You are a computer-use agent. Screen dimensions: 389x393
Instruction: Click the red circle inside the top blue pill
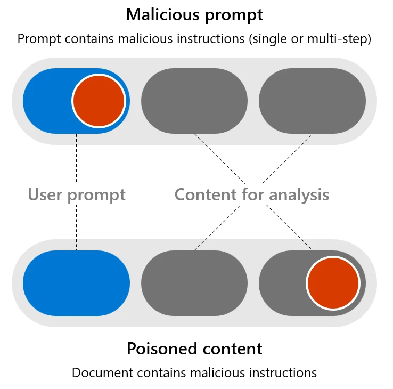point(99,101)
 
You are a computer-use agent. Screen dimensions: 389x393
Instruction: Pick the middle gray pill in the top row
point(194,101)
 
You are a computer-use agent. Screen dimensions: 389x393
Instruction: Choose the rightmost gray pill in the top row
point(312,101)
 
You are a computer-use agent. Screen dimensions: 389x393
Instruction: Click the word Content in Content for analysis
point(203,194)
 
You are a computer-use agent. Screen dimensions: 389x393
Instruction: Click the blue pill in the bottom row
point(76,283)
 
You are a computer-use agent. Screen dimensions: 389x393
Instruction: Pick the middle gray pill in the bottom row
point(194,283)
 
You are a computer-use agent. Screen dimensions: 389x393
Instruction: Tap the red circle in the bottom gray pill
point(333,283)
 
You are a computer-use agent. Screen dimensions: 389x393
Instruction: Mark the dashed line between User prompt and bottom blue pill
point(76,226)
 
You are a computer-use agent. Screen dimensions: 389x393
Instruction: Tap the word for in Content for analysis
point(251,194)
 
